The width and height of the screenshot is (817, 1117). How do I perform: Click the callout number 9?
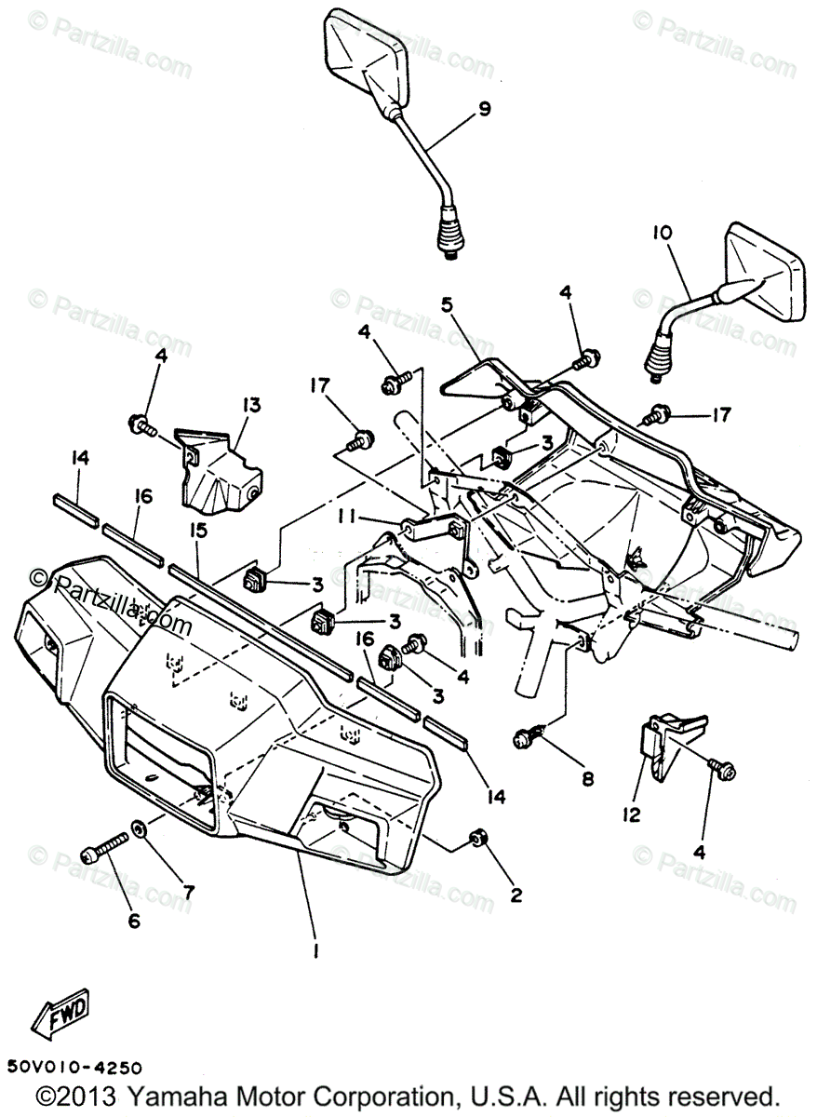[484, 109]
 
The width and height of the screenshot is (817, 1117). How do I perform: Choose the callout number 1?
[316, 949]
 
